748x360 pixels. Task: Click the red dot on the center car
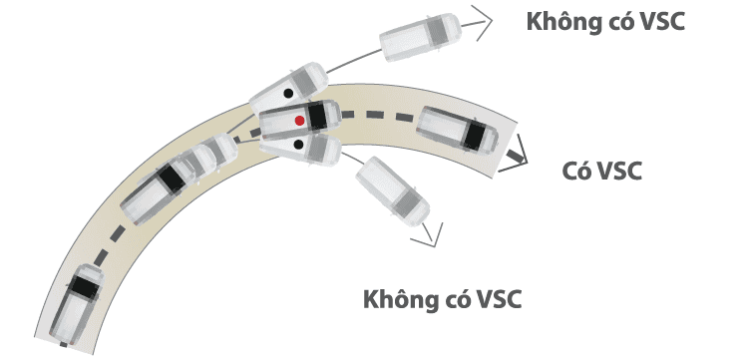(298, 120)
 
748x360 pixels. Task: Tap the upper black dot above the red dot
(288, 93)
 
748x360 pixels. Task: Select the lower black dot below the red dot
(298, 146)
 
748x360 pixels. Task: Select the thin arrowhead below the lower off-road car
(431, 235)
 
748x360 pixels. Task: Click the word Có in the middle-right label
(577, 171)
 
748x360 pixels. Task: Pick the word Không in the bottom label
(403, 298)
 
